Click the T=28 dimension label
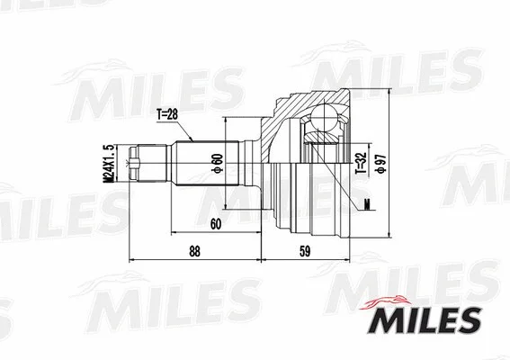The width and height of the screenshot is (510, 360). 168,114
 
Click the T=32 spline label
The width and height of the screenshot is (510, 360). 360,159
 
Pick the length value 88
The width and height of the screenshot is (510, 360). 193,253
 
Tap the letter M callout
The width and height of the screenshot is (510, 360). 369,203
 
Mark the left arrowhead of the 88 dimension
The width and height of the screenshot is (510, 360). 134,261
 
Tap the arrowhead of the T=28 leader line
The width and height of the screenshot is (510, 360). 193,140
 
